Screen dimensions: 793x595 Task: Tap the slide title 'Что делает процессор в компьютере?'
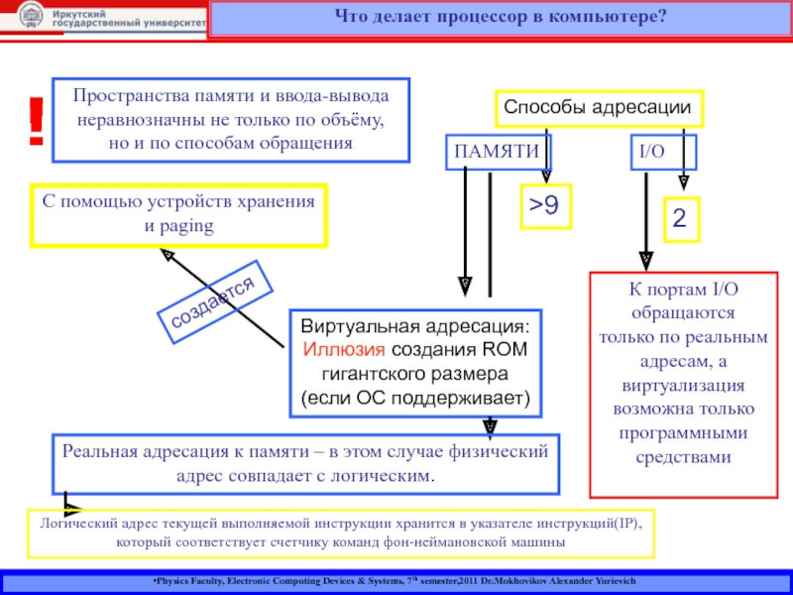point(501,18)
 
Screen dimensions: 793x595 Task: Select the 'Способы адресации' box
point(599,107)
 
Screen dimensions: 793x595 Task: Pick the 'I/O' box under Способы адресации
point(651,152)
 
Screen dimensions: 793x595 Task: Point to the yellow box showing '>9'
point(543,206)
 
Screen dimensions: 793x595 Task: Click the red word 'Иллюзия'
point(346,350)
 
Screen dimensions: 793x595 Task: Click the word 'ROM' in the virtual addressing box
point(505,350)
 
